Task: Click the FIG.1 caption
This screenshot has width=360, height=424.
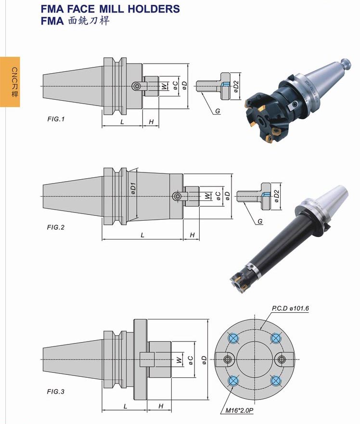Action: (x=56, y=119)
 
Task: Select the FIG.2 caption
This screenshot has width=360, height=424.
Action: (x=56, y=227)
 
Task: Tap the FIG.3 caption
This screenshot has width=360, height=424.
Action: (x=56, y=392)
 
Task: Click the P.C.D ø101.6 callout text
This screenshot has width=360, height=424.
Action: (x=290, y=308)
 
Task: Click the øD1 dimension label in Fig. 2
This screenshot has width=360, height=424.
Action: (x=133, y=188)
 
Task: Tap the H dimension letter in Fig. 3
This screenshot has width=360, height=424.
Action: (x=161, y=406)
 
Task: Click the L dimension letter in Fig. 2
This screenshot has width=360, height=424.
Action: (x=142, y=235)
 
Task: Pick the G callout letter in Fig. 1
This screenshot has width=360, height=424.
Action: (x=218, y=111)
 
